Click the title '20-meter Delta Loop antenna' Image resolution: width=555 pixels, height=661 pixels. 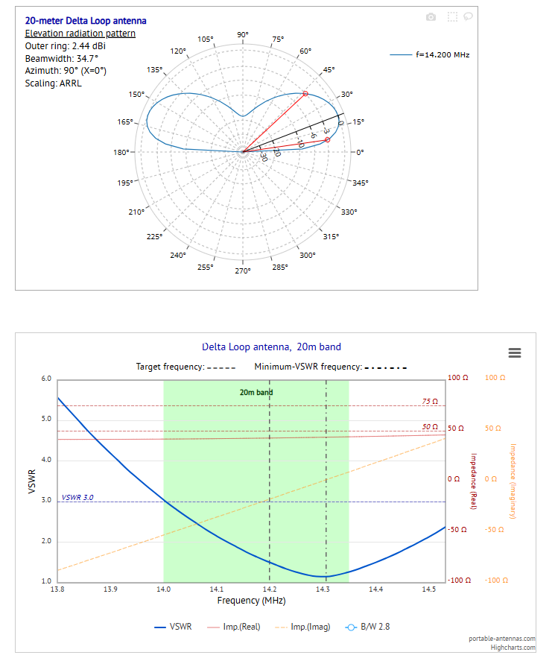tap(86, 21)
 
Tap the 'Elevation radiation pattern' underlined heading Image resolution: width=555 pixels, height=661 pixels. tap(80, 34)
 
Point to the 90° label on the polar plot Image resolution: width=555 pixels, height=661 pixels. tap(243, 35)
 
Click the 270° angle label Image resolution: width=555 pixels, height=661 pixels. tap(243, 271)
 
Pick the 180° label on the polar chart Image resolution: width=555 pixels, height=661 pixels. tap(122, 153)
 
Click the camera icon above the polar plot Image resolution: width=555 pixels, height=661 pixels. tap(431, 16)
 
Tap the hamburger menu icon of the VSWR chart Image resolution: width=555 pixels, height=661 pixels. tap(514, 353)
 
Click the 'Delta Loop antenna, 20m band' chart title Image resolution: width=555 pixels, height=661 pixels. tap(271, 347)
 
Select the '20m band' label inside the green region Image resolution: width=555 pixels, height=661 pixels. tap(256, 392)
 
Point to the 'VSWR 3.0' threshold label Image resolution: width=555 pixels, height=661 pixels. tap(77, 497)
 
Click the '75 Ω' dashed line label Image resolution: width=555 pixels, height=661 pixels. tap(430, 402)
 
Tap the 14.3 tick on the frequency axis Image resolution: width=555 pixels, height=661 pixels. tap(323, 589)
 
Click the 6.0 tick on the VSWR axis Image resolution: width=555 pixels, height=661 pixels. tap(45, 379)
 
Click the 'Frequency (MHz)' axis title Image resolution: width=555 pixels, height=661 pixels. tap(251, 601)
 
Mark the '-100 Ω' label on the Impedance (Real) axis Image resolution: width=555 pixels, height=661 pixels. tap(456, 581)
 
